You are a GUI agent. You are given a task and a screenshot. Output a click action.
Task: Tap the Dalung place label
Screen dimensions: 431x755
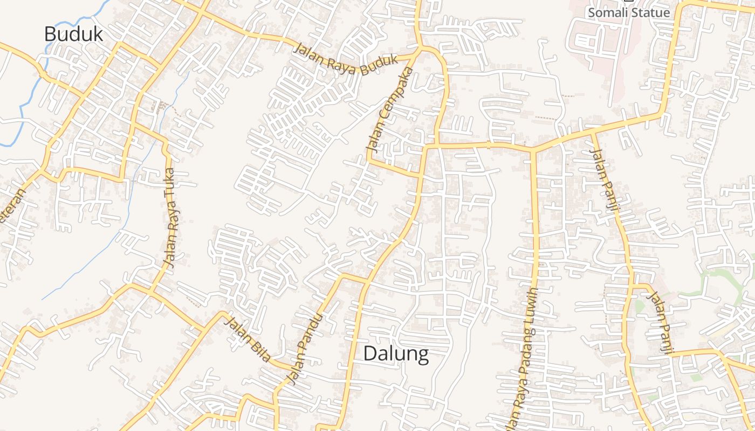tap(396, 353)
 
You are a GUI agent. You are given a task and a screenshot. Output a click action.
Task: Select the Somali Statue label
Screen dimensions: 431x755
tap(628, 12)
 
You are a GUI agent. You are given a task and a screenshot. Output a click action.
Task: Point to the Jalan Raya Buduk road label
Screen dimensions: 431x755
tap(345, 59)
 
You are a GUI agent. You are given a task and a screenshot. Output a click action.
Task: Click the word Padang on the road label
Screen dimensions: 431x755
tap(527, 350)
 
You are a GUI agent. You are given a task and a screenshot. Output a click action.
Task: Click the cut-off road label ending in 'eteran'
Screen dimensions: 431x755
tap(15, 207)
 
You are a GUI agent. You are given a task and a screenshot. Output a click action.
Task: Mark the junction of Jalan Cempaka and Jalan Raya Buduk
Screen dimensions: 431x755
tap(418, 51)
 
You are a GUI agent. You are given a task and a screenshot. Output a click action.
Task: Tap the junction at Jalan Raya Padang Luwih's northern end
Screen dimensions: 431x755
tap(533, 149)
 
